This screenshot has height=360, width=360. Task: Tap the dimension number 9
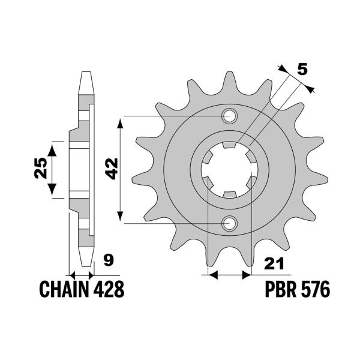coord(109,261)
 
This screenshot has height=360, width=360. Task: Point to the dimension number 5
coord(302,70)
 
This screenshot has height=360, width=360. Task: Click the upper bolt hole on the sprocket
coord(230,115)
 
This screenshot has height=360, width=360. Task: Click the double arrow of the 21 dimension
coord(228,275)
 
